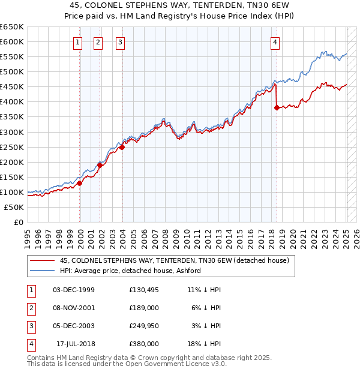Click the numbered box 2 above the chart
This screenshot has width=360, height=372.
click(98, 42)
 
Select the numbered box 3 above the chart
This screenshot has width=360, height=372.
click(121, 42)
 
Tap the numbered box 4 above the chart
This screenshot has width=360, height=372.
click(275, 42)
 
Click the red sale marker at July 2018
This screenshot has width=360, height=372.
click(277, 108)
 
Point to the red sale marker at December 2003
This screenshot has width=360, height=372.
click(122, 147)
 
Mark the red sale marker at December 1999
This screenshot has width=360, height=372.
click(80, 183)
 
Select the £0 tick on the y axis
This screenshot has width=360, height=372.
click(18, 222)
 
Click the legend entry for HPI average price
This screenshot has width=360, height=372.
click(130, 271)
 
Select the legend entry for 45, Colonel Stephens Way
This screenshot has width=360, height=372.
click(174, 260)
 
